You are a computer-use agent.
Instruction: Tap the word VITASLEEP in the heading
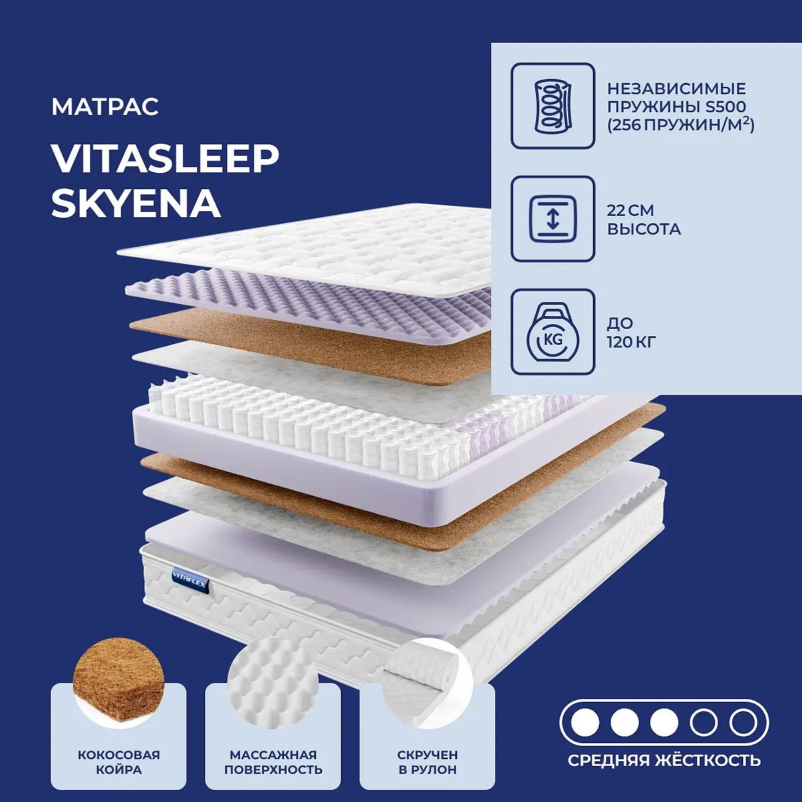click(x=165, y=160)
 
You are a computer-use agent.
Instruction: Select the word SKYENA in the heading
click(x=136, y=205)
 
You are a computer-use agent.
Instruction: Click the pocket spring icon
click(x=553, y=106)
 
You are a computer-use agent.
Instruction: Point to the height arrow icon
click(x=553, y=219)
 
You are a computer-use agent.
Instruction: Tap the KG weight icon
click(x=553, y=332)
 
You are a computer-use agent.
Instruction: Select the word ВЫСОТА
click(x=644, y=229)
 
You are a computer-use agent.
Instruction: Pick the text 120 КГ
click(x=632, y=343)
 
